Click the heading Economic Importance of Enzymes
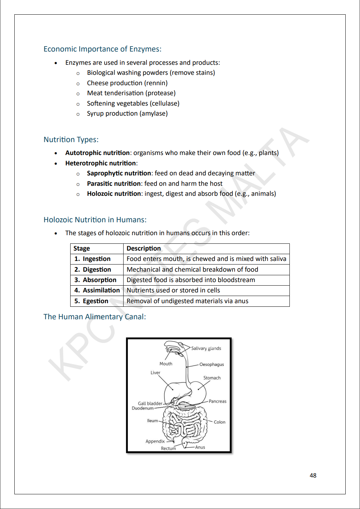point(102,49)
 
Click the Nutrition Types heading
point(71,140)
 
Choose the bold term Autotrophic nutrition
point(97,153)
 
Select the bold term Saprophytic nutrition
point(119,173)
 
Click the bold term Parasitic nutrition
point(114,184)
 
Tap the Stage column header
point(82,248)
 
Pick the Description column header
point(144,248)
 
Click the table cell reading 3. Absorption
point(96,280)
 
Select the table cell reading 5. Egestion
point(91,301)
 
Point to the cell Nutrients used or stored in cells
point(173,290)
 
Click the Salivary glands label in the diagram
point(206,348)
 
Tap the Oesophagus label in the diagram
point(211,364)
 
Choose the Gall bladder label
point(150,403)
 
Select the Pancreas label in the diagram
point(217,401)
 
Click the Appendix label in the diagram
point(155,441)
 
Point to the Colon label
point(220,422)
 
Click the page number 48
point(313,475)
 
